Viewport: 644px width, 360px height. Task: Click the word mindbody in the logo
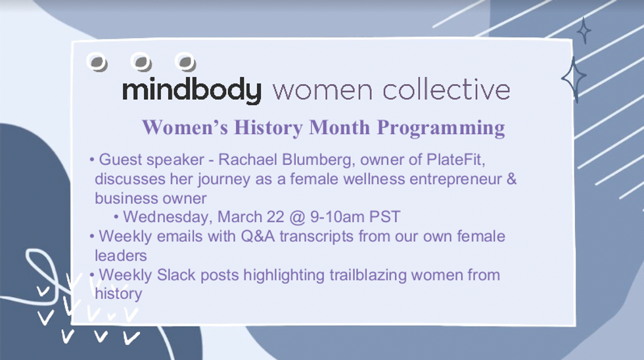pos(192,90)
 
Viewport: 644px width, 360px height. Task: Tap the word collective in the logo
pos(446,89)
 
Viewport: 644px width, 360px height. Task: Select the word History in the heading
pos(269,127)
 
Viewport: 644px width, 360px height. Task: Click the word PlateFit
pos(455,159)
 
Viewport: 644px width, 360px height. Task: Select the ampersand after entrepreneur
pos(512,179)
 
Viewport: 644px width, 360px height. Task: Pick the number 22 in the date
pos(275,216)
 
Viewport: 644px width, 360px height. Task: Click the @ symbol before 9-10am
pos(297,217)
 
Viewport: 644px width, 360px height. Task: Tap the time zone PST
pos(385,216)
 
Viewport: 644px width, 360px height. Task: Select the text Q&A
pos(258,236)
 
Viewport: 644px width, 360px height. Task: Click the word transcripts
pos(316,237)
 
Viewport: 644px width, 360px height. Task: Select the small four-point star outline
pos(584,30)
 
